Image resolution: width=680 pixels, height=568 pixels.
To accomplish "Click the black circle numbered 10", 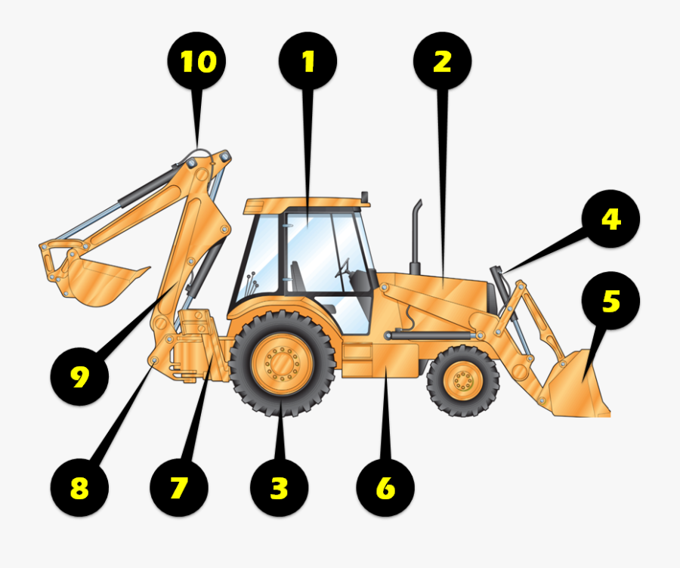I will click(x=197, y=62).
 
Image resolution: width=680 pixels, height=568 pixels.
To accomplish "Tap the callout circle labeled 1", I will click(x=308, y=62).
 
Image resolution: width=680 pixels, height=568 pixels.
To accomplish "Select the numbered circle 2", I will click(x=442, y=62).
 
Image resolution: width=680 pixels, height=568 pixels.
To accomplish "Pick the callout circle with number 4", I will click(x=610, y=219).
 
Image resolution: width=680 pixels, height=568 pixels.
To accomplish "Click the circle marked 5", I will click(x=610, y=301).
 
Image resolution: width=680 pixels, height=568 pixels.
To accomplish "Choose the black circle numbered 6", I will click(x=385, y=488).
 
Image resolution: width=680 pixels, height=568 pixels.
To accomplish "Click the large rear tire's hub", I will click(x=283, y=366).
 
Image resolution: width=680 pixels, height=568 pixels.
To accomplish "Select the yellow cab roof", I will click(x=302, y=204).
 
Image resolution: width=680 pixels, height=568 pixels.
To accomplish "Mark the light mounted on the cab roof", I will click(x=365, y=198).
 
